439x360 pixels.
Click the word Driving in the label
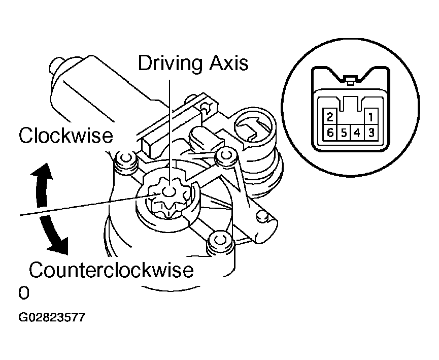tap(167, 63)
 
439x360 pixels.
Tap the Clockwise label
tap(65, 136)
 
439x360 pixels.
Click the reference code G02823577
tap(51, 318)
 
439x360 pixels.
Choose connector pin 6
tap(330, 133)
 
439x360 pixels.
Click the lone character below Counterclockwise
tap(23, 293)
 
